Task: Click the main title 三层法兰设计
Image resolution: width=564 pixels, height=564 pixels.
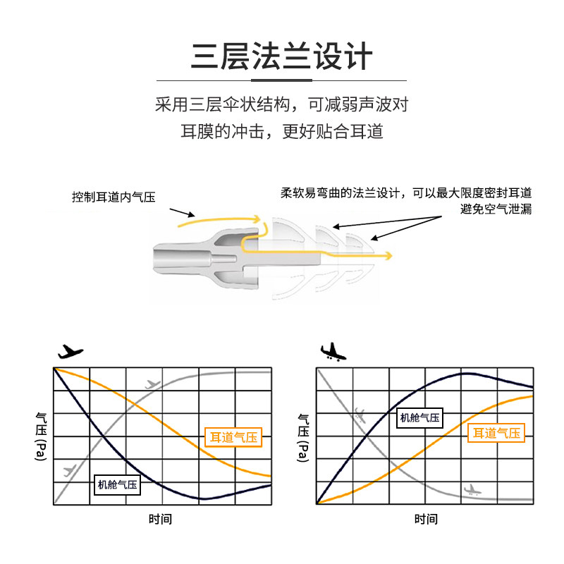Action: [x=281, y=57]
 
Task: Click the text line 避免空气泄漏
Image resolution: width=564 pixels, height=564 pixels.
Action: [x=496, y=209]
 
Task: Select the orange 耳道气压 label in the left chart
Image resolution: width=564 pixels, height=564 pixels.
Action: [x=232, y=439]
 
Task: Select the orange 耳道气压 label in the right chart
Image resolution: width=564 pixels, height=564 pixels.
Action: [x=497, y=433]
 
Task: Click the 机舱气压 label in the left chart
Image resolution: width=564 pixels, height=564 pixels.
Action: [x=118, y=484]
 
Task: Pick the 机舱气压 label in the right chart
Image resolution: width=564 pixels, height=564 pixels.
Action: [x=420, y=418]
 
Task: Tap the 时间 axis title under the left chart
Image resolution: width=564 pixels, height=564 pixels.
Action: [x=161, y=520]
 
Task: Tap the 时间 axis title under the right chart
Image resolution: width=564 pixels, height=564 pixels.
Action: [x=426, y=520]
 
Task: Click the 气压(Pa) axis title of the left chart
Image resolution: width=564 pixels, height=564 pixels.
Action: [x=40, y=437]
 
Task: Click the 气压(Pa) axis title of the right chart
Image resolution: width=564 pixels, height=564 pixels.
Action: [x=304, y=437]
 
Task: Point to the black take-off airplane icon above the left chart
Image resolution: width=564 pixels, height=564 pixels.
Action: [x=69, y=351]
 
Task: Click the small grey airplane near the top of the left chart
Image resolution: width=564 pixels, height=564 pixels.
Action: [x=152, y=384]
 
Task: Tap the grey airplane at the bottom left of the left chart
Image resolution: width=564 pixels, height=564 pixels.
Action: [x=70, y=470]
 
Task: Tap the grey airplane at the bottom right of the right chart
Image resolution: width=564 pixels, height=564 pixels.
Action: [x=472, y=489]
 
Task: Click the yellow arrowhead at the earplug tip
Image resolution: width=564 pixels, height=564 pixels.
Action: [x=388, y=254]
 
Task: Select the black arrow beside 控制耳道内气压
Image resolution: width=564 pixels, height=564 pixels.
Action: [x=182, y=211]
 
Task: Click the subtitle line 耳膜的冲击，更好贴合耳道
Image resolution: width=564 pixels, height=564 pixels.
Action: [x=281, y=132]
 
